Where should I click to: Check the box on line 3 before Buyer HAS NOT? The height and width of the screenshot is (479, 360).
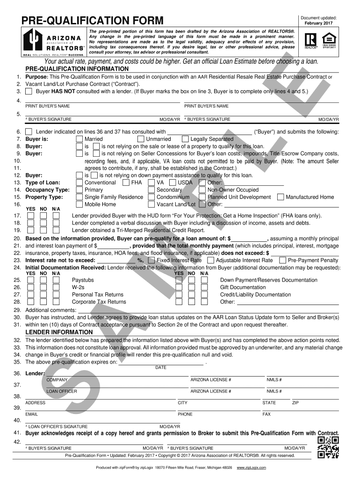[x=29, y=92]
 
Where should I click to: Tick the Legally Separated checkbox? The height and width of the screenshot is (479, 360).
[x=185, y=139]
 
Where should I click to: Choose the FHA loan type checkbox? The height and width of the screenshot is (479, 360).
[x=125, y=182]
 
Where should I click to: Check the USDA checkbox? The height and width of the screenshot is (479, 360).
[x=173, y=182]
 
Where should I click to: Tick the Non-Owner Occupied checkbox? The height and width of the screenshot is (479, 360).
[x=202, y=190]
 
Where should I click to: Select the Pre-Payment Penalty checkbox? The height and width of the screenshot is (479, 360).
[x=282, y=260]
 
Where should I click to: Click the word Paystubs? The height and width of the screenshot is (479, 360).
[x=83, y=280]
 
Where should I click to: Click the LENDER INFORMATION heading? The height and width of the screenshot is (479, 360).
[x=55, y=332]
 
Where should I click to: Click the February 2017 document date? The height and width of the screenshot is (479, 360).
[x=319, y=23]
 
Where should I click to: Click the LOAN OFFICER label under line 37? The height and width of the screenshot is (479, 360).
[x=62, y=391]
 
